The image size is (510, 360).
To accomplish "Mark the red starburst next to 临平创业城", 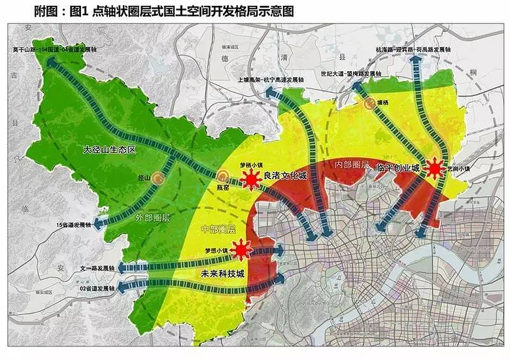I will pos(433,169).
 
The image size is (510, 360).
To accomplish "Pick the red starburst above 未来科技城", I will pos(241,250).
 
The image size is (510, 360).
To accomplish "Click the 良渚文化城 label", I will pos(284,175).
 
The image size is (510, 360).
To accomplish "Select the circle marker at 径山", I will pos(157,176).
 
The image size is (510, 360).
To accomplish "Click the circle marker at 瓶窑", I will pos(223,176).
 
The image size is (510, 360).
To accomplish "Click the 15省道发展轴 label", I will pos(74,225).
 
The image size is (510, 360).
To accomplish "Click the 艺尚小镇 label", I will pos(459,168).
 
